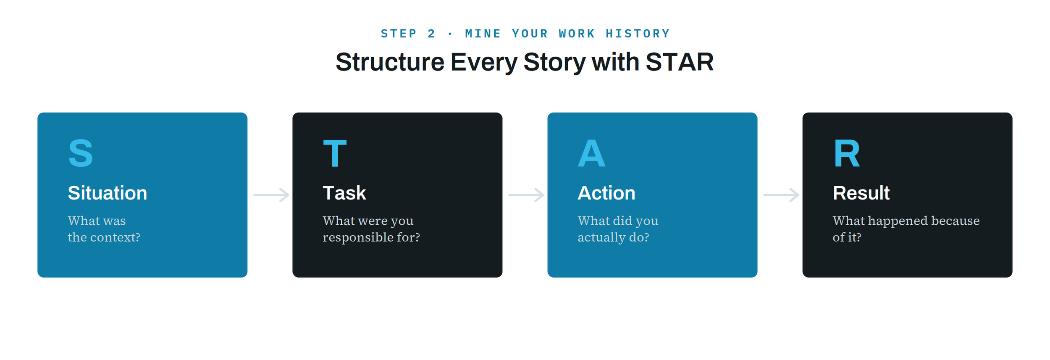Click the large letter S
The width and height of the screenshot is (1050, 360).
pyautogui.click(x=81, y=153)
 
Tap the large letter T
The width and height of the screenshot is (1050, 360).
pyautogui.click(x=335, y=153)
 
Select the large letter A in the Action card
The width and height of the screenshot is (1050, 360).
pyautogui.click(x=591, y=153)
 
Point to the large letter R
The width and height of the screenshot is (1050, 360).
pyautogui.click(x=847, y=153)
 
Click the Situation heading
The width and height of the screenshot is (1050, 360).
pyautogui.click(x=108, y=193)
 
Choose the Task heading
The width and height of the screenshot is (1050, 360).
pyautogui.click(x=344, y=193)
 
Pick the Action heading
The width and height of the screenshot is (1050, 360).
pyautogui.click(x=606, y=193)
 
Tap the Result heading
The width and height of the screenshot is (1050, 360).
pyautogui.click(x=861, y=193)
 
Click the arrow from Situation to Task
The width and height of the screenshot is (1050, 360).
pyautogui.click(x=271, y=195)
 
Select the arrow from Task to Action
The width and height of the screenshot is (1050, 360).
pyautogui.click(x=526, y=195)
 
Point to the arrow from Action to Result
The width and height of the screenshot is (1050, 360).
pyautogui.click(x=781, y=195)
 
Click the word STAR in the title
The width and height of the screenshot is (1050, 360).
pyautogui.click(x=680, y=62)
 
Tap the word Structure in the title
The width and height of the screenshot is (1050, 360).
pyautogui.click(x=390, y=62)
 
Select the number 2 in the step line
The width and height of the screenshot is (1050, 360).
pyautogui.click(x=431, y=34)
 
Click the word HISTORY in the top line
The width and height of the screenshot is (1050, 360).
pyautogui.click(x=638, y=34)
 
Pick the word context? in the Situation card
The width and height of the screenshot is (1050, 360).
pyautogui.click(x=115, y=237)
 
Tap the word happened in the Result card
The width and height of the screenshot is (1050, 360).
pyautogui.click(x=898, y=221)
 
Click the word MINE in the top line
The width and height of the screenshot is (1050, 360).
pyautogui.click(x=483, y=34)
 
